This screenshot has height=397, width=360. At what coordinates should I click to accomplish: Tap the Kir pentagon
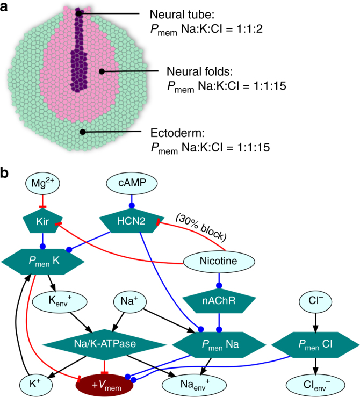[x=44, y=221]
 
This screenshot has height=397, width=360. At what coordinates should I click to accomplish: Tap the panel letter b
[x=7, y=173]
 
